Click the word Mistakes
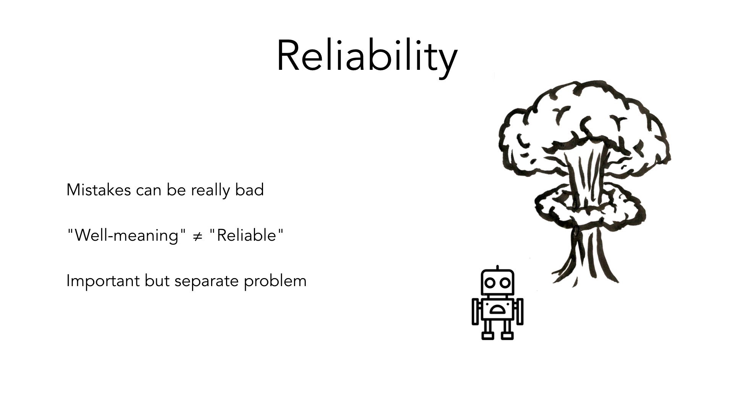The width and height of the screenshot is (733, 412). point(98,190)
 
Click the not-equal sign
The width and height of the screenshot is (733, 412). point(197,236)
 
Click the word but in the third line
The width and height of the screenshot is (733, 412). point(157,281)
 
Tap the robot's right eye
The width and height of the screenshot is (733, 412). point(505,283)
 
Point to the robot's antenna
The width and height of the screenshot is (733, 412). point(497,267)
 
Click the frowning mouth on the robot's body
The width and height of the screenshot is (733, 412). point(497,309)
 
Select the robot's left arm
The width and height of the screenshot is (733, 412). point(476,311)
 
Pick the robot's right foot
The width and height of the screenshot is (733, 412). point(507,335)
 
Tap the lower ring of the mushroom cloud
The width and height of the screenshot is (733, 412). point(590,208)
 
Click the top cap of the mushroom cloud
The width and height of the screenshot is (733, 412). point(584,126)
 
